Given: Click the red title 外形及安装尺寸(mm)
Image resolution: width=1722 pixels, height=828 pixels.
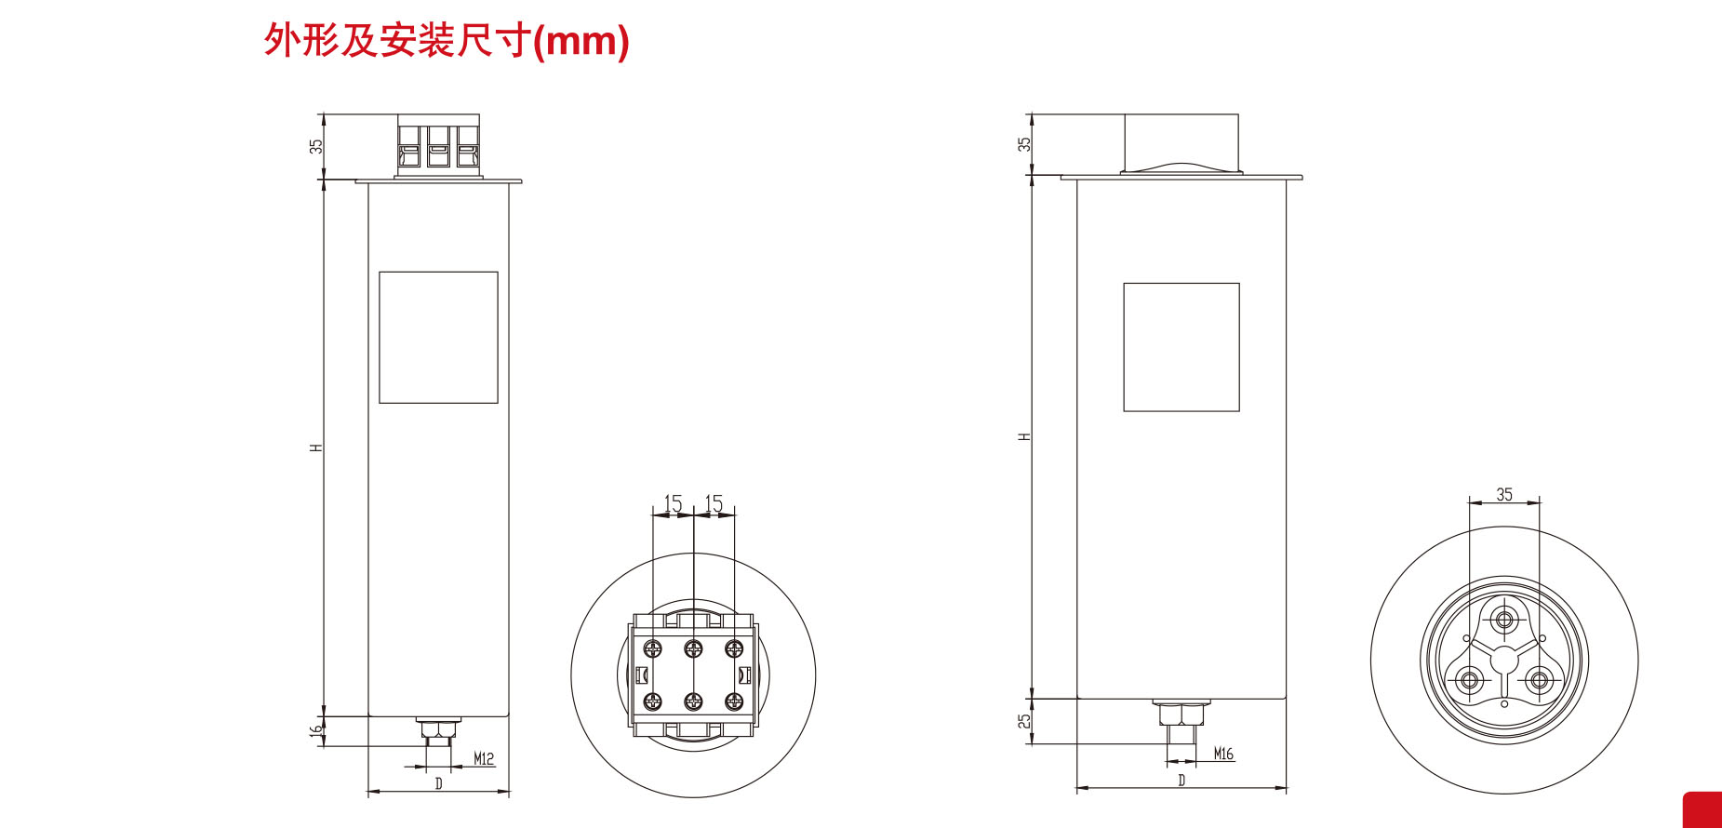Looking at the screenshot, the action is click(447, 41).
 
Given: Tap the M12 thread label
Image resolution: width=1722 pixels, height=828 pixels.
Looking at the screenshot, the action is click(484, 758).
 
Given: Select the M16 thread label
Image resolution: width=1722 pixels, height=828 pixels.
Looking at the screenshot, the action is click(1223, 754).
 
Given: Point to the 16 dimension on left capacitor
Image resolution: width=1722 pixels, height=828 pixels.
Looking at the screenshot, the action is click(316, 731).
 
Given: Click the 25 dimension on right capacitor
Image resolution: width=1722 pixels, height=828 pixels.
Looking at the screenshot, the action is click(1024, 722).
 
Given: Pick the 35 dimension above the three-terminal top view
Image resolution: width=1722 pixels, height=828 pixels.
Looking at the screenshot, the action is click(1504, 494).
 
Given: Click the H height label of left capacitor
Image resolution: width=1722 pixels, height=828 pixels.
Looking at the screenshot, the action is click(316, 447).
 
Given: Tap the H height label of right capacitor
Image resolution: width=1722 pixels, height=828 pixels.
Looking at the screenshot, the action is click(1024, 436).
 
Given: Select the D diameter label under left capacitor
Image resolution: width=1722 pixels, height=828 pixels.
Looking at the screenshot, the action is click(439, 783).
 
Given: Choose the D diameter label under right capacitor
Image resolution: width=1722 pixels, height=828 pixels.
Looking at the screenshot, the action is click(1181, 780).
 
